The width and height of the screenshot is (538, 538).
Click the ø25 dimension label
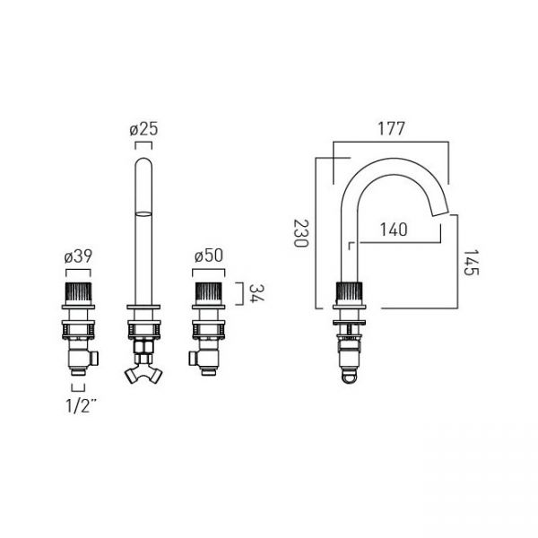point(143,129)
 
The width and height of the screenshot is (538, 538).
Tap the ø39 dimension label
point(78,256)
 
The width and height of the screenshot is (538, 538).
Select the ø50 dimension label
point(209,256)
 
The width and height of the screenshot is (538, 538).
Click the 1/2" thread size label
point(81,406)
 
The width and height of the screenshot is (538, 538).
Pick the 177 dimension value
point(391,129)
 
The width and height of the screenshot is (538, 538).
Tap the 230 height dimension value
point(301,233)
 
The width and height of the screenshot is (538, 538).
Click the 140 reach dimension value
point(394,230)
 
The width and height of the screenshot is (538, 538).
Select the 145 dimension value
point(471,262)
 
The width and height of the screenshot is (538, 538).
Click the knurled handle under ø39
point(78,293)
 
